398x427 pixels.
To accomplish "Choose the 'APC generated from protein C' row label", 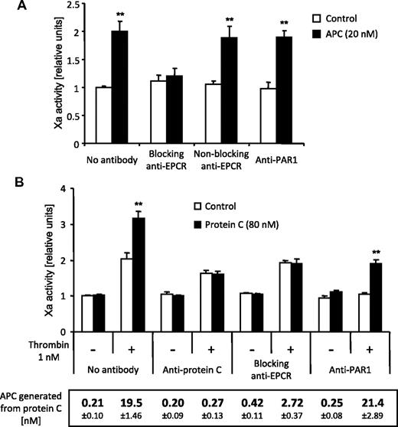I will click(34, 401).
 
